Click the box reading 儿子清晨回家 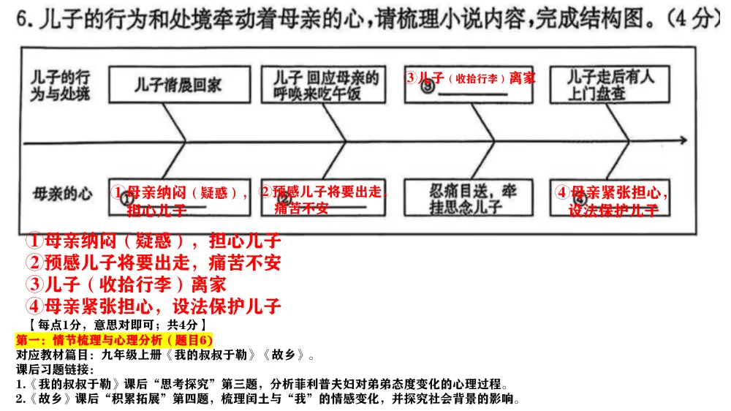[177, 85]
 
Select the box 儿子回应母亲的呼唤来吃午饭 [325, 85]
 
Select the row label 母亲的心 [63, 195]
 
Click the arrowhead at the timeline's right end [682, 140]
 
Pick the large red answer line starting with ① [154, 241]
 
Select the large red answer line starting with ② [154, 263]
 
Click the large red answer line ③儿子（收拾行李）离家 [126, 284]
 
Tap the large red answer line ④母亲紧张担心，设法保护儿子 [154, 306]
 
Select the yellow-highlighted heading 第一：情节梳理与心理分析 [113, 340]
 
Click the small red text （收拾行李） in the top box [476, 78]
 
